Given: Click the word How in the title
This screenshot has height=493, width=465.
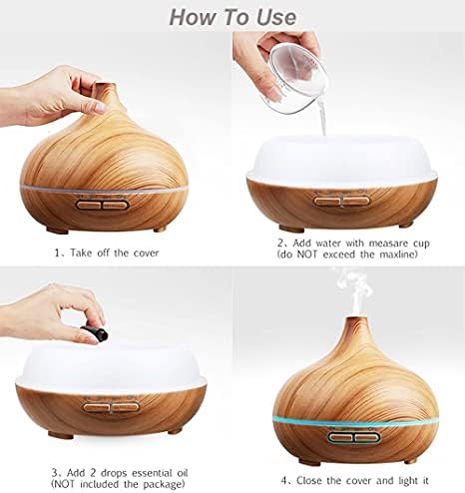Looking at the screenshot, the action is [x=191, y=17].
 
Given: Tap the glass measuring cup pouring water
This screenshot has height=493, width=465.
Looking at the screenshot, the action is [x=296, y=79].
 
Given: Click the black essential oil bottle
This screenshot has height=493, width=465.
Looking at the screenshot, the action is [x=95, y=333].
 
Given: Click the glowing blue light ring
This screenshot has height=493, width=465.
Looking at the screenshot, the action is [x=356, y=422].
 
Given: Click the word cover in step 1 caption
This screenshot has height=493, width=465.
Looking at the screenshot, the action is [x=146, y=252].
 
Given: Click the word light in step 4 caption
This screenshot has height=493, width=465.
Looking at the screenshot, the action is [x=408, y=481].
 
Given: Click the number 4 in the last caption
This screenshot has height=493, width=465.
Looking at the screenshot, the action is [x=283, y=481].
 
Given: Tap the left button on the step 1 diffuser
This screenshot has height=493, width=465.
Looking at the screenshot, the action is [x=89, y=205].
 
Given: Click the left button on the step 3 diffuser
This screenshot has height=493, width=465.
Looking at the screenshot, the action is [x=96, y=407].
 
